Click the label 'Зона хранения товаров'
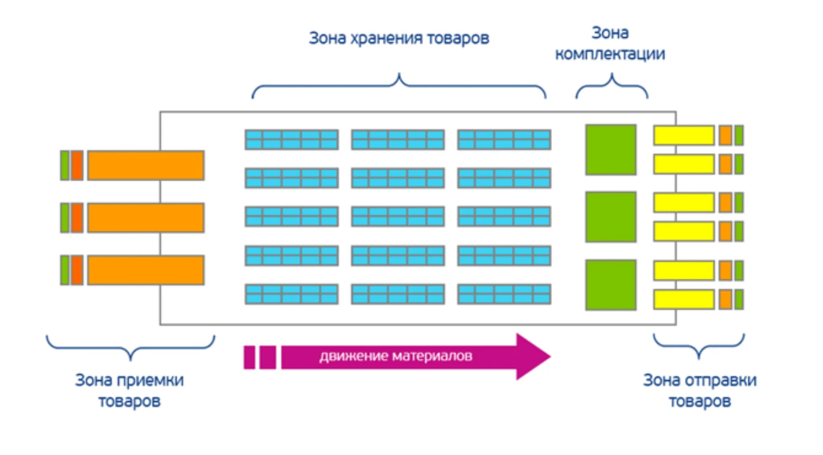(x=399, y=39)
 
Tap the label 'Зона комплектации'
(x=610, y=43)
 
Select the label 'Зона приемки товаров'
(x=129, y=390)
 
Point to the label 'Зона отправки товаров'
(x=700, y=390)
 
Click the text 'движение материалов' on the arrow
(x=396, y=356)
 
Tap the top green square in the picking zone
(x=610, y=149)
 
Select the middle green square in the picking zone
(x=610, y=217)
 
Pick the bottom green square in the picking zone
(x=610, y=285)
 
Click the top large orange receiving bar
(x=146, y=165)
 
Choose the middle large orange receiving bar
(x=146, y=217)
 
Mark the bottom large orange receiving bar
(x=146, y=270)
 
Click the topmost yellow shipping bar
(x=684, y=135)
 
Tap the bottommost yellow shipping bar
(x=684, y=299)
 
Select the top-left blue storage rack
(x=291, y=140)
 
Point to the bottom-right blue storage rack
(x=504, y=293)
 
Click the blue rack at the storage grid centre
(x=397, y=216)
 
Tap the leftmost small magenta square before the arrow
(x=249, y=357)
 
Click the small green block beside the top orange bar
(x=64, y=165)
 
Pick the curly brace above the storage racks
(x=399, y=86)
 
